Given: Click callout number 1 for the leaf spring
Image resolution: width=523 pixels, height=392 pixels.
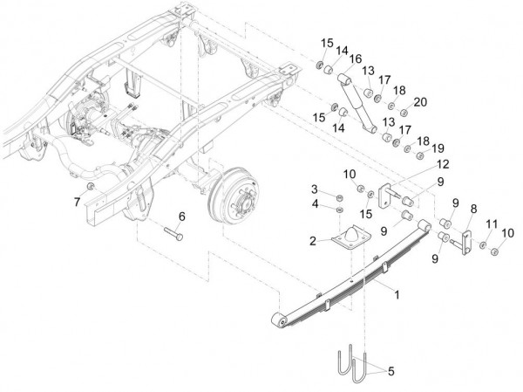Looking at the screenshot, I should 397,296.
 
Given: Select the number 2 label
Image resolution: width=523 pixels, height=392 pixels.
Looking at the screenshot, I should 312,238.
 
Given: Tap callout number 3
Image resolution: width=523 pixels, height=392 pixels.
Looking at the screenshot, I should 316,189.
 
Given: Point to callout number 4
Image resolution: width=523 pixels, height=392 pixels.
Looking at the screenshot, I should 316,204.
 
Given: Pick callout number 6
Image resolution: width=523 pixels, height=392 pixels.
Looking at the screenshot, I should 182,216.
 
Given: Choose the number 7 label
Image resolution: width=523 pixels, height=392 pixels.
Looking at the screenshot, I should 76,203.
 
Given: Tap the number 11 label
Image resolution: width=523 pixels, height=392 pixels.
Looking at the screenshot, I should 492,224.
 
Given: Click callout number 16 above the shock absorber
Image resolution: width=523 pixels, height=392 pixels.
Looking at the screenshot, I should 354,58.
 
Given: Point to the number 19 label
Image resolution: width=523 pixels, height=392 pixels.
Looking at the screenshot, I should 437,147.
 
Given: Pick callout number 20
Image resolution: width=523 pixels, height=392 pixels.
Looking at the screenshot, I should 420,101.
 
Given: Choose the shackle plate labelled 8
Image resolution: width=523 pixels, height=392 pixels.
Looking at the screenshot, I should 459,238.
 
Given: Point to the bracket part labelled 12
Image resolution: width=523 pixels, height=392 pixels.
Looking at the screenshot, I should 393,193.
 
